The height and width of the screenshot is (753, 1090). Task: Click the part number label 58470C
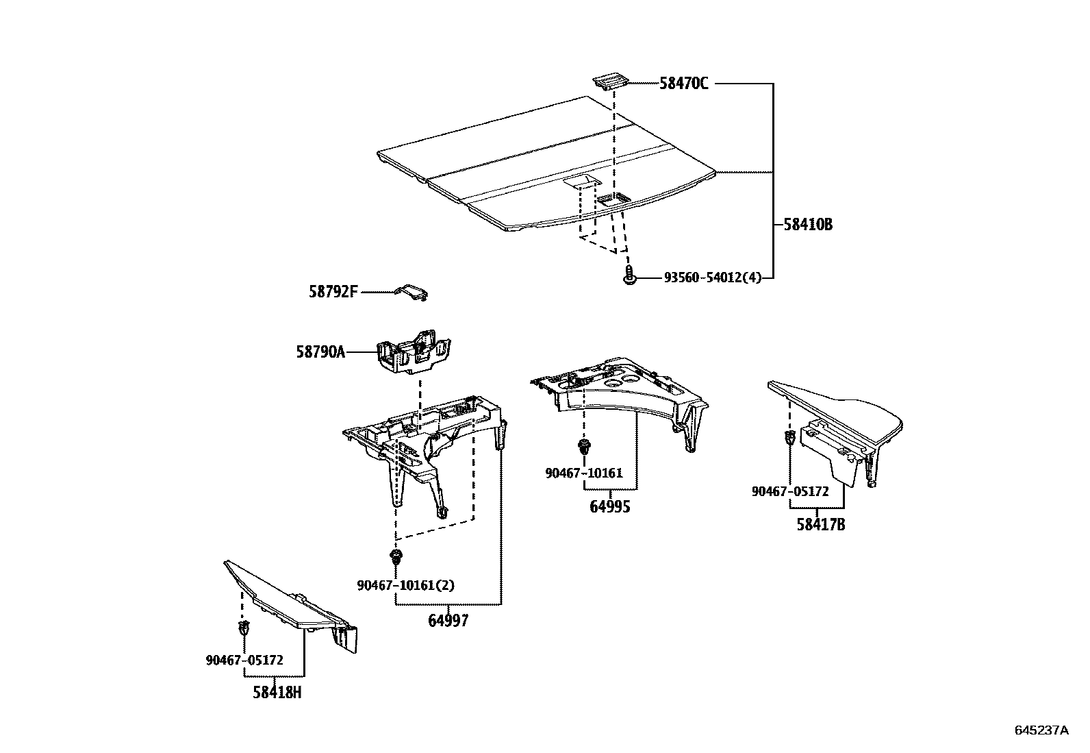[683, 84]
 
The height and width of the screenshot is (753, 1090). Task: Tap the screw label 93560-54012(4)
[712, 277]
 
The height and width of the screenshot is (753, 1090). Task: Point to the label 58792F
[333, 293]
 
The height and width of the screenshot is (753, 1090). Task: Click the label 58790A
[320, 352]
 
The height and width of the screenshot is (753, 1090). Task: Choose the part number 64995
[610, 507]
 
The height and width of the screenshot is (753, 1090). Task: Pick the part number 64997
[448, 621]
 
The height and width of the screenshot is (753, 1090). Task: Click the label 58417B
[820, 525]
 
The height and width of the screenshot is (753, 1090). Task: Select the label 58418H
[277, 693]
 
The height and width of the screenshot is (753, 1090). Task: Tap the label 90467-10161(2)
[405, 585]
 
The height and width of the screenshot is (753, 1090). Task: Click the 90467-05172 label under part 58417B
[789, 491]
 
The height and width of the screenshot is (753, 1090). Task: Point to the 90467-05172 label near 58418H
[244, 660]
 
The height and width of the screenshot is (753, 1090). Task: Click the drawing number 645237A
[1041, 730]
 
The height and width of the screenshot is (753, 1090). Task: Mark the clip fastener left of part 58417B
[789, 437]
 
